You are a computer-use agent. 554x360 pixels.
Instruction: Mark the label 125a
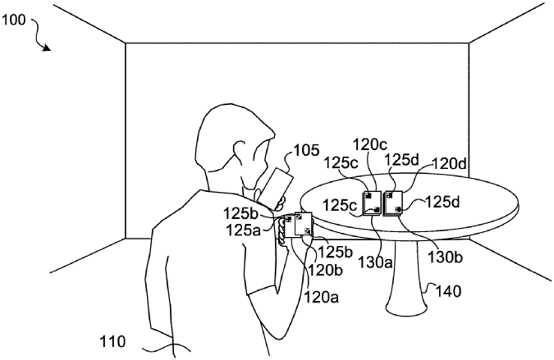(x=245, y=231)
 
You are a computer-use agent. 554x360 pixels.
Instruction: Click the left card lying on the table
(x=371, y=203)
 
